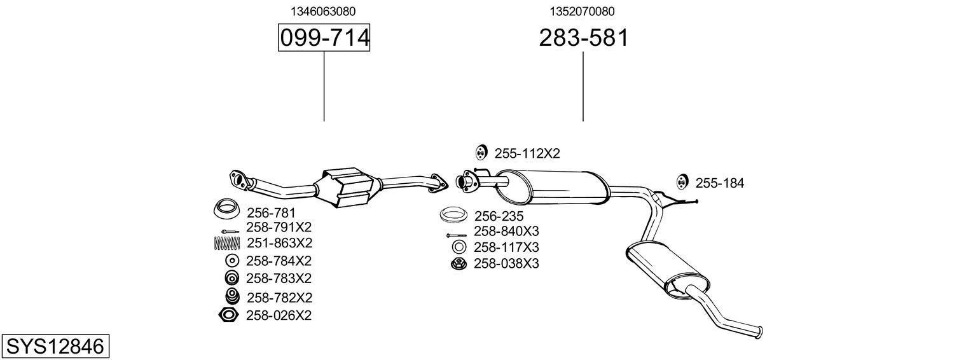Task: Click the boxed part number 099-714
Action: [324, 38]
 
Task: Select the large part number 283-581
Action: [583, 38]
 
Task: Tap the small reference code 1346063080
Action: [323, 11]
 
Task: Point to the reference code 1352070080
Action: [582, 11]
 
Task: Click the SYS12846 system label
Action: [55, 347]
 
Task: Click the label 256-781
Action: [271, 212]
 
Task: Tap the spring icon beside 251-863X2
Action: [227, 243]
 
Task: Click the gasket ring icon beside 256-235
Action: [454, 216]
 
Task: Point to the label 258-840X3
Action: [506, 232]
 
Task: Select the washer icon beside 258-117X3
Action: [458, 247]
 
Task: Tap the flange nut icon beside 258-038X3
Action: [458, 263]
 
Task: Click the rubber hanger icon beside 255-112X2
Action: [481, 153]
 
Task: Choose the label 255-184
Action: [719, 183]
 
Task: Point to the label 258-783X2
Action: [279, 279]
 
